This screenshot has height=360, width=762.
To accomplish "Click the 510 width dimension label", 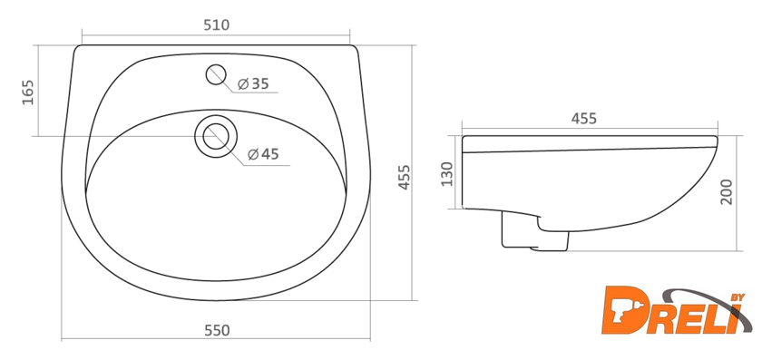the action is pyautogui.click(x=216, y=25).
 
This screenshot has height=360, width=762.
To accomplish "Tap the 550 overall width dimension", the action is pyautogui.click(x=217, y=330).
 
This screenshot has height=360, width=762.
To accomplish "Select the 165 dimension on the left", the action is pyautogui.click(x=28, y=92).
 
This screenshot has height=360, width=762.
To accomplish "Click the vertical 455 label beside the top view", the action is pyautogui.click(x=405, y=178).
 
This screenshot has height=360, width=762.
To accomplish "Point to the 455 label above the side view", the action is pyautogui.click(x=583, y=119).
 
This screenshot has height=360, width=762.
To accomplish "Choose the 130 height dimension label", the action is pyautogui.click(x=446, y=173).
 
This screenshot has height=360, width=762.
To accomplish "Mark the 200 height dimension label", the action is pyautogui.click(x=726, y=192).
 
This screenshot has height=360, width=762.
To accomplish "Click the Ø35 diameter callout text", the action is pyautogui.click(x=253, y=83).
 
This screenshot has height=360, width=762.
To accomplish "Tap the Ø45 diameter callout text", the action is pyautogui.click(x=263, y=154).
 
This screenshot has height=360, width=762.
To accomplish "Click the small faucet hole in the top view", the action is pyautogui.click(x=216, y=75).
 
